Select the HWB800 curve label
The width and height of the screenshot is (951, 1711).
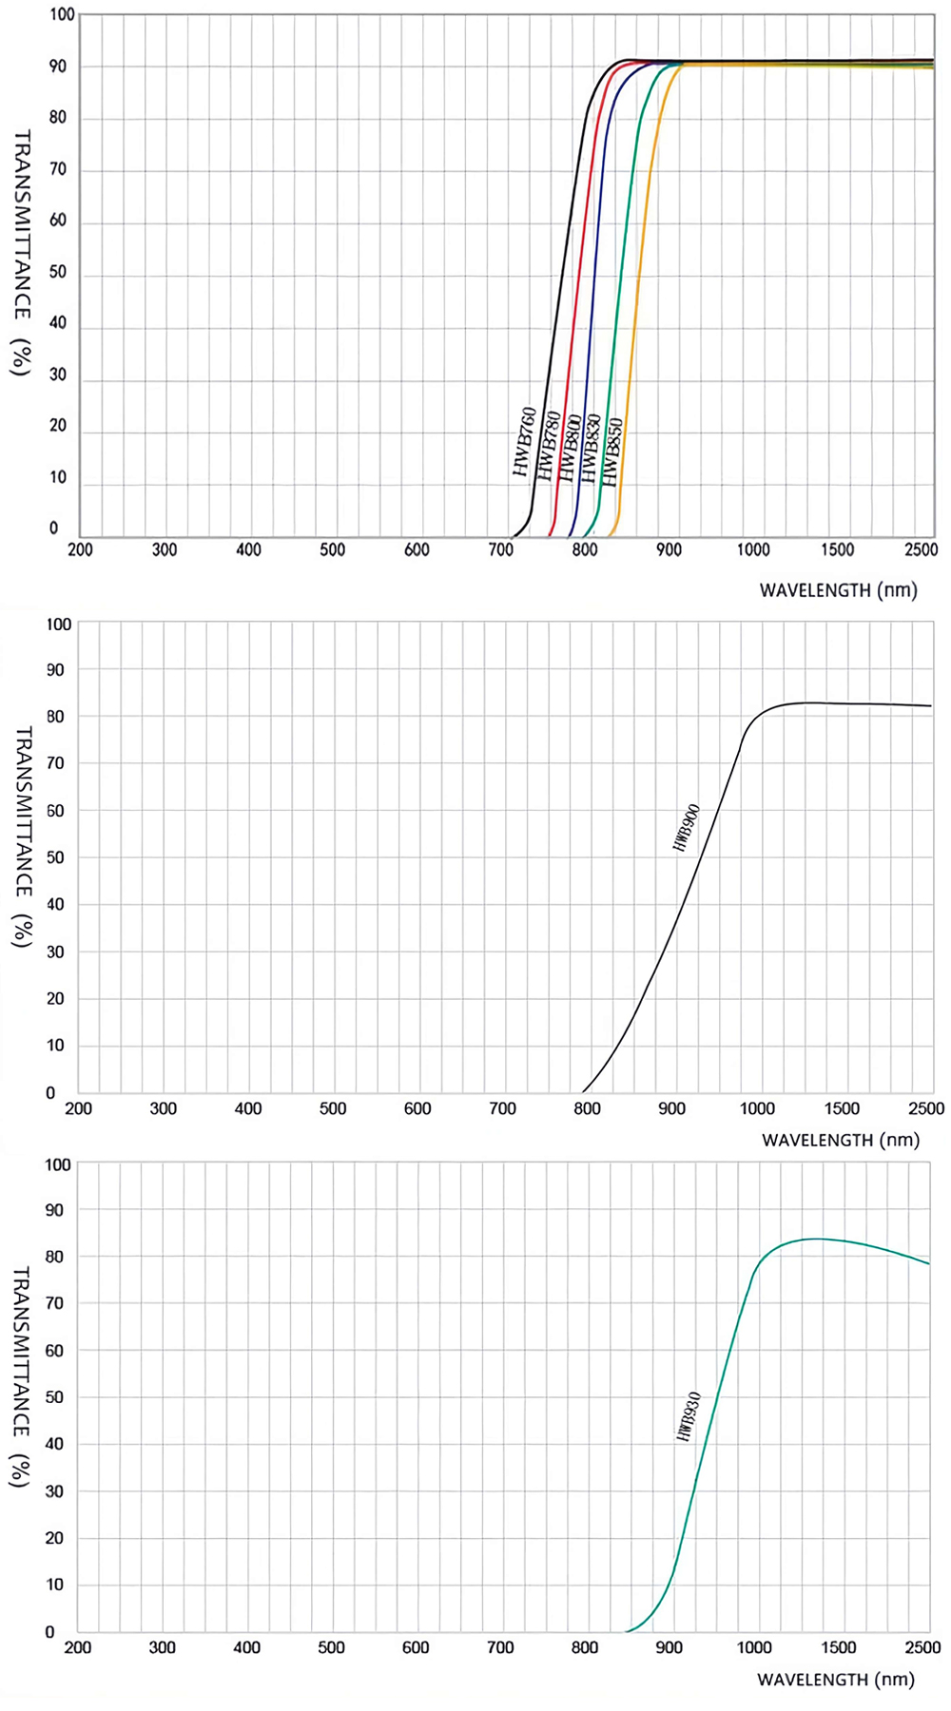569,448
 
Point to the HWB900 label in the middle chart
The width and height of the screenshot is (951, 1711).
686,827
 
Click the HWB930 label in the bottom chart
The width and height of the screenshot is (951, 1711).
689,1417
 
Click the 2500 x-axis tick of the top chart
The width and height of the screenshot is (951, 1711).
921,549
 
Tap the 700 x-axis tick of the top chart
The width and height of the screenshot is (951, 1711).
500,549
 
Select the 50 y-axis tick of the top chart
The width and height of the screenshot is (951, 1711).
58,273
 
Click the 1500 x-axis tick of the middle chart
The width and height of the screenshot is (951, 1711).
842,1108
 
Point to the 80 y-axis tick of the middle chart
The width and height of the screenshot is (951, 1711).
56,717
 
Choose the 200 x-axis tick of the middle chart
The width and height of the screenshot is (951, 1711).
78,1108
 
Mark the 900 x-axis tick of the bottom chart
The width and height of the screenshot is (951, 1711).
670,1647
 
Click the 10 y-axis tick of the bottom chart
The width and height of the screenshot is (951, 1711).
56,1585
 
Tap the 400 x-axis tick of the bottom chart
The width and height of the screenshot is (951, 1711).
246,1647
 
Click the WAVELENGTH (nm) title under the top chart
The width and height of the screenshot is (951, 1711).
838,590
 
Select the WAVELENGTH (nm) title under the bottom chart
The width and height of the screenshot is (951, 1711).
835,1680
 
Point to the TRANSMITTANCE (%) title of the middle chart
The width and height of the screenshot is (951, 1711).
23,836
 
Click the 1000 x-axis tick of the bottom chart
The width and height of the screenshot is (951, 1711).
754,1647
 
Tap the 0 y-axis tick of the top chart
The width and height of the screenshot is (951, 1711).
53,529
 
